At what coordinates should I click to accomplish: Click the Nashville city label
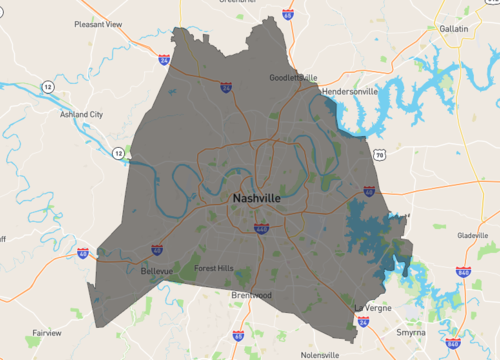(256, 198)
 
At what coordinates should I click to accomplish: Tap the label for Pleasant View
(97, 23)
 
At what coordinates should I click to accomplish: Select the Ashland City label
(82, 114)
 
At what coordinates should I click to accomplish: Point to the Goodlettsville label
(293, 77)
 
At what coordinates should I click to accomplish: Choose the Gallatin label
(454, 29)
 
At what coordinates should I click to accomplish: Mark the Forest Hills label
(213, 268)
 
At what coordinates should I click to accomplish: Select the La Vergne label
(373, 306)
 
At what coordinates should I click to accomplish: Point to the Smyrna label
(410, 331)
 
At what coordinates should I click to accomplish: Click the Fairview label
(47, 332)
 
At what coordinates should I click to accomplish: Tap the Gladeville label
(472, 236)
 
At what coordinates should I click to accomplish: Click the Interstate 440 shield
(261, 227)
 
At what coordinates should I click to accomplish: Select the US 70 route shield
(379, 155)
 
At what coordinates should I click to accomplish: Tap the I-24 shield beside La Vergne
(363, 322)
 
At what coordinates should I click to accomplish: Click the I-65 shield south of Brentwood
(238, 336)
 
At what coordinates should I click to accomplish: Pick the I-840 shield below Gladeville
(463, 271)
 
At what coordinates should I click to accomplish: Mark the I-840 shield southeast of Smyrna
(452, 344)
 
